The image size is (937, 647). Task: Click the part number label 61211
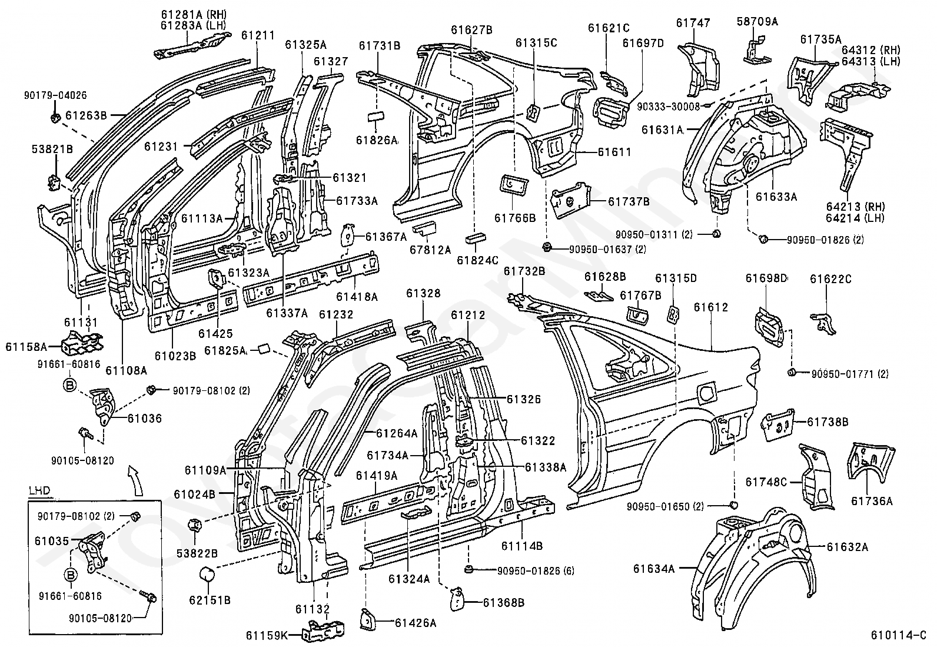coord(258,36)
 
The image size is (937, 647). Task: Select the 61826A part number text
coord(377,140)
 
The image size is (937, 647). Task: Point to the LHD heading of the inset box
coord(39,490)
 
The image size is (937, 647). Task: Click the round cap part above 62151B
coord(209,574)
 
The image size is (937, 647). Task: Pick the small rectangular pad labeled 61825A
coord(261,350)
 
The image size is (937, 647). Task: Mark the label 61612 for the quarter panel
coord(710,307)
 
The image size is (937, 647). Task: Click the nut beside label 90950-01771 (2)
coord(792,372)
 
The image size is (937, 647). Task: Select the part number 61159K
coord(267,635)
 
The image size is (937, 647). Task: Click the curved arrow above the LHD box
coord(137,478)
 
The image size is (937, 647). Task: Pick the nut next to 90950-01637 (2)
coord(547,248)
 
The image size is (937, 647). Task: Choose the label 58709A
coord(757,22)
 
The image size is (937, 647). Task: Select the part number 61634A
coord(654,568)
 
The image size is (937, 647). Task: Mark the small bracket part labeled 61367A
coord(349,236)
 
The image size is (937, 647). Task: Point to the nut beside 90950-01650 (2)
coord(733,505)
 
